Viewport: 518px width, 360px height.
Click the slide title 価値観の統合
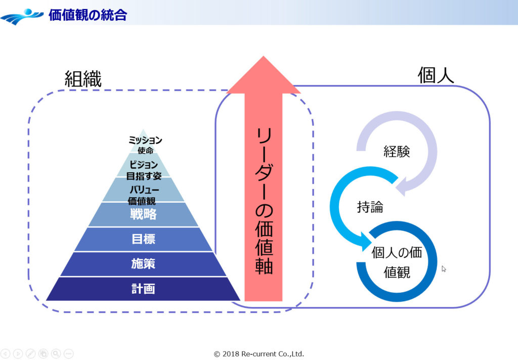[x=88, y=15]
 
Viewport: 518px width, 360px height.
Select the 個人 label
[x=436, y=75]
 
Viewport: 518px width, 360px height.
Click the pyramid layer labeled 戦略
[x=144, y=214]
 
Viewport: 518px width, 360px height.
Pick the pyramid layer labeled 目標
[x=144, y=239]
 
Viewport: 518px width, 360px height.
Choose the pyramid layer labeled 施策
[x=144, y=264]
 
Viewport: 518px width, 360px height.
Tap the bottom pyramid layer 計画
[x=144, y=289]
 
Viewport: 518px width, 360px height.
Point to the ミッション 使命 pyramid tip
[x=145, y=145]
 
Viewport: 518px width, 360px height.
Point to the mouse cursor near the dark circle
[x=444, y=269]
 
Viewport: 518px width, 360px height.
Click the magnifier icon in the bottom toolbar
[x=56, y=354]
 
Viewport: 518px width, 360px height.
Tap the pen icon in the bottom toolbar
[x=30, y=354]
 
